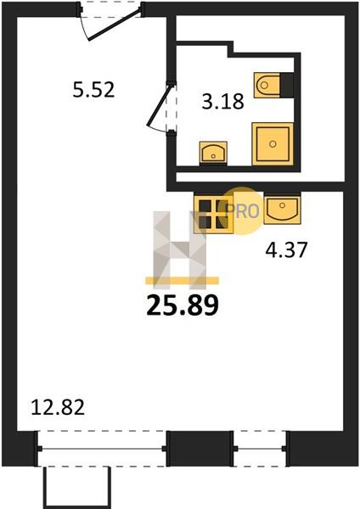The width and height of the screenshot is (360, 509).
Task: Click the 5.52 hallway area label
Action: (x=93, y=90)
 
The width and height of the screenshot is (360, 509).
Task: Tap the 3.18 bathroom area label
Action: (x=223, y=102)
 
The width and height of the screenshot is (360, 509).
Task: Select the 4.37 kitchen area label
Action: (x=286, y=250)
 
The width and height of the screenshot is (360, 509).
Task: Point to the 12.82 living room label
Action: (x=58, y=407)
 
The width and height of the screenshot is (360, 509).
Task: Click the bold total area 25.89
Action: (x=183, y=305)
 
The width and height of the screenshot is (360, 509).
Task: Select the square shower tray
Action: (x=273, y=144)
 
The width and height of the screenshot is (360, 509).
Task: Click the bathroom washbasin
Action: (x=213, y=153)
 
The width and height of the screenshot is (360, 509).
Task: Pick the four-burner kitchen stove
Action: (x=213, y=213)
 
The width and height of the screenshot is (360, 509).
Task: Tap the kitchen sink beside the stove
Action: (x=283, y=209)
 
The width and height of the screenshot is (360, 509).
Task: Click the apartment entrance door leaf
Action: (x=115, y=25)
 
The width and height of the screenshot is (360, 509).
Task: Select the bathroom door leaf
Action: (x=159, y=105)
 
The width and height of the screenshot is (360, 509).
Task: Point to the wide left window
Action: (x=102, y=449)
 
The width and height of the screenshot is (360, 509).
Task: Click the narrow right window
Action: (x=260, y=449)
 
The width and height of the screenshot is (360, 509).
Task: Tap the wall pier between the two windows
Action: (x=200, y=449)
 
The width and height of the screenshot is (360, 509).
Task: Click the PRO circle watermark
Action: (x=243, y=211)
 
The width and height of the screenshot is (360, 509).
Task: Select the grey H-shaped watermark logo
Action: (x=180, y=250)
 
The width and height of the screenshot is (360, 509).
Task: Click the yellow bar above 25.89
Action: (x=183, y=281)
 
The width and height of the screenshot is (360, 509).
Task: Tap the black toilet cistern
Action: (x=287, y=86)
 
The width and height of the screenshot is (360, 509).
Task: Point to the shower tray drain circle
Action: (x=273, y=144)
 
